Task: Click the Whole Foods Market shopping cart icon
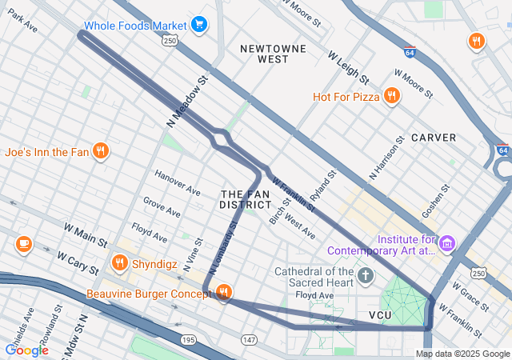(x=199, y=25)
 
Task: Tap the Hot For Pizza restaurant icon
(x=391, y=97)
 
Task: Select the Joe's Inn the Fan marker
(x=100, y=150)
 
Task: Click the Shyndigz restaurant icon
(x=120, y=262)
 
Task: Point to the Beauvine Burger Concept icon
(x=224, y=293)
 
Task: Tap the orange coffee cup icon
(x=23, y=243)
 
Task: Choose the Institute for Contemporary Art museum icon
(x=447, y=242)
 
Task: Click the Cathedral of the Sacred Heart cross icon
(x=366, y=276)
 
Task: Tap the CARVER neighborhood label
(x=434, y=138)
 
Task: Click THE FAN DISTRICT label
(x=245, y=200)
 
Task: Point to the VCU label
(x=381, y=315)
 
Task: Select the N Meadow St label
(x=188, y=102)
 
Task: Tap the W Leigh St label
(x=348, y=68)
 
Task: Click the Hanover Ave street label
(x=178, y=184)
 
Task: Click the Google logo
(x=26, y=350)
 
